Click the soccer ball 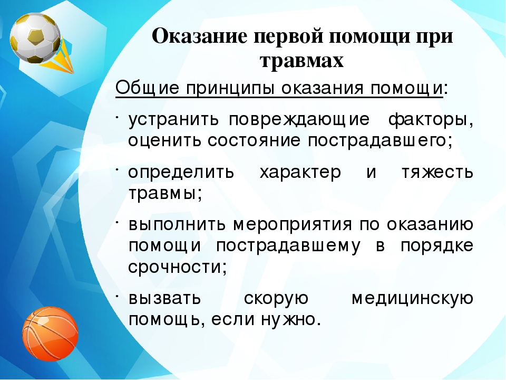pos(35,39)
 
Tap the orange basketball pos(51,334)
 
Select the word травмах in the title pos(301,60)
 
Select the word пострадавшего pos(380,141)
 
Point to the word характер pos(300,173)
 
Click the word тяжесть pos(437,172)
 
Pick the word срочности pos(178,268)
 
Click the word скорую pos(276,299)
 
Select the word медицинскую pos(412,299)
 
